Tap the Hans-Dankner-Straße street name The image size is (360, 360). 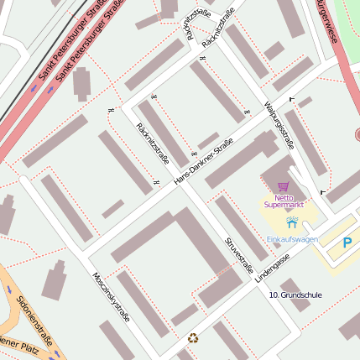[203, 165]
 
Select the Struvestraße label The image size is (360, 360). [238, 254]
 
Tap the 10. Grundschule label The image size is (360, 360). [295, 295]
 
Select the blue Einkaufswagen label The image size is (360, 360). [291, 239]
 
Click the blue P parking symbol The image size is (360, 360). [347, 243]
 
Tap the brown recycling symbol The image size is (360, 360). [193, 338]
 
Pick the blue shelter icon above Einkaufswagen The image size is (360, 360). [291, 223]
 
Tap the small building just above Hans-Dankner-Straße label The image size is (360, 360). [208, 140]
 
